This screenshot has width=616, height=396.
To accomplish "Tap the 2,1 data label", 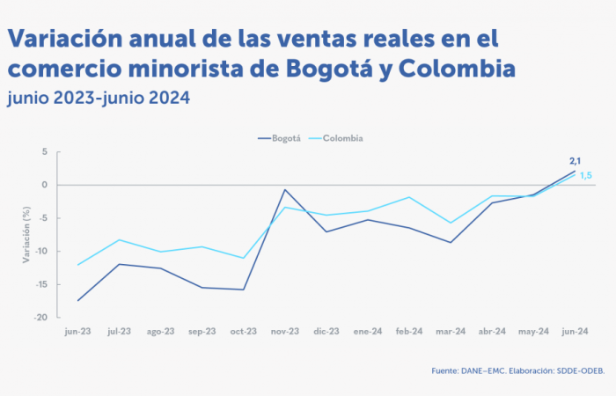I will click(x=576, y=160).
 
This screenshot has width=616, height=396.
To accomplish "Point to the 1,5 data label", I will click(x=585, y=176).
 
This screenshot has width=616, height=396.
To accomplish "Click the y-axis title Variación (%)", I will click(x=26, y=235).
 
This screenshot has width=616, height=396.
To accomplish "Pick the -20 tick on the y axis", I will click(x=40, y=317).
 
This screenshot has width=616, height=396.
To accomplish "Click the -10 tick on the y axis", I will click(x=40, y=251).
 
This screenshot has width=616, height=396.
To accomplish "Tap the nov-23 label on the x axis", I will click(x=285, y=332).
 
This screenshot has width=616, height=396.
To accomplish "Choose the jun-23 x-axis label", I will click(x=78, y=332).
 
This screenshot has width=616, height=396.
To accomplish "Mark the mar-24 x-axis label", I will click(x=451, y=332).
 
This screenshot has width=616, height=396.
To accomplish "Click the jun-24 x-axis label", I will click(x=575, y=332).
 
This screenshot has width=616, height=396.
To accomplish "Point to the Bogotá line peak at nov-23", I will click(x=285, y=189).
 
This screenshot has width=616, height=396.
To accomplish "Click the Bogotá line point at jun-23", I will click(x=78, y=301).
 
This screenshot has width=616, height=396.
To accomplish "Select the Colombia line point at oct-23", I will click(x=244, y=258).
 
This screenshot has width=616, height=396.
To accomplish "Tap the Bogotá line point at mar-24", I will click(x=451, y=242).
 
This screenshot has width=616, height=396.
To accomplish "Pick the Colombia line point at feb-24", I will click(x=409, y=197).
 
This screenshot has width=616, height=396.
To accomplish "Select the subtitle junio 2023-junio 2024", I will click(x=98, y=96).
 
